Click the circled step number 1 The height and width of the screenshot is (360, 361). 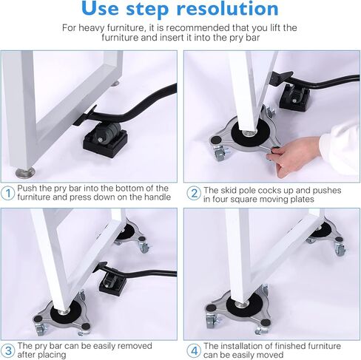point(8,193)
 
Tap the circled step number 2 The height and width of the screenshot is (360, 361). point(194,193)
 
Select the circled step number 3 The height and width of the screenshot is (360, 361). point(8,350)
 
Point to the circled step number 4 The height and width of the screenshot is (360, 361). point(194,350)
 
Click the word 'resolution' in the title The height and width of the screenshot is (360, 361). point(227,8)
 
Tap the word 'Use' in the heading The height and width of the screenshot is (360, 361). point(100,9)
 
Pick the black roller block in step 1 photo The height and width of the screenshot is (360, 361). point(105,140)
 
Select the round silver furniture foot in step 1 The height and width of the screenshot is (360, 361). point(25,172)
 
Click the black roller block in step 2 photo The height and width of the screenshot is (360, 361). point(294,97)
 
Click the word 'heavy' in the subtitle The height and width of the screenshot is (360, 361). point(92,28)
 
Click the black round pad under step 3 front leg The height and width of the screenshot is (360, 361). point(66,313)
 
